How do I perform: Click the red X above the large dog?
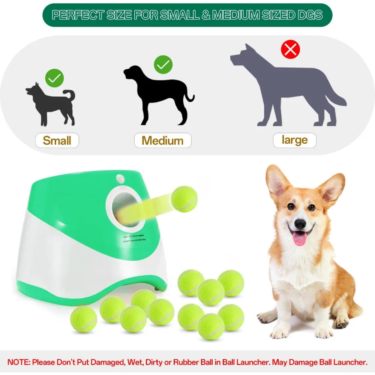(x=290, y=49)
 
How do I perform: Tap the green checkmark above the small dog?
(x=55, y=78)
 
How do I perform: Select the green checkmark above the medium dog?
(x=163, y=65)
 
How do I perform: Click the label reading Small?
(x=57, y=141)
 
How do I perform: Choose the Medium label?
(x=163, y=141)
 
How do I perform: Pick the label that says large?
(x=294, y=140)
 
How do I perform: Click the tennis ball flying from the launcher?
(x=184, y=199)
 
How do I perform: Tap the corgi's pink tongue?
(x=299, y=238)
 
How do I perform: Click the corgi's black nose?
(x=300, y=224)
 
